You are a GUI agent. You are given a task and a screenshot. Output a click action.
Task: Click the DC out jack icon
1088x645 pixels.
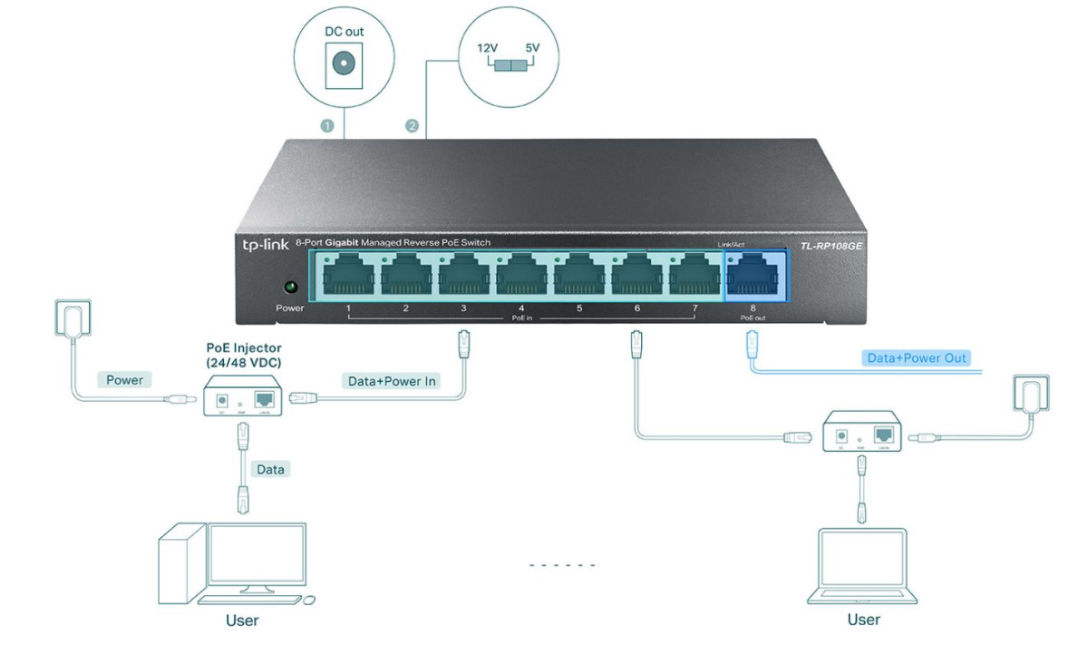(x=344, y=64)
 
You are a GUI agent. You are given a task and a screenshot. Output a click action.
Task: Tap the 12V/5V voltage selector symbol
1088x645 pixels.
(x=508, y=65)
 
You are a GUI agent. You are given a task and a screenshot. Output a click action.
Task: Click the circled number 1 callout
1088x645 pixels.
(x=327, y=126)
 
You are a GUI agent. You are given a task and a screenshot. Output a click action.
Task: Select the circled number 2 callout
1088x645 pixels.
(x=412, y=126)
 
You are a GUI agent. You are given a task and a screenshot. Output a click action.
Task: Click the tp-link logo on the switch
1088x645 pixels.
(x=262, y=243)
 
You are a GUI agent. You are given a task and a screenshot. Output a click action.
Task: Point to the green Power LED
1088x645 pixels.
(x=290, y=288)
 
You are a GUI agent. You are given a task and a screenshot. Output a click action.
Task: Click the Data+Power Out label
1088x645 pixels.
(x=917, y=358)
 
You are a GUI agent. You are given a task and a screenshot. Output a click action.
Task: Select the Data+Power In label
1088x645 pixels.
(x=392, y=381)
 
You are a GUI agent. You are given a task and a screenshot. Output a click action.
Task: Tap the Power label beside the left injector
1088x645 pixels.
(x=124, y=380)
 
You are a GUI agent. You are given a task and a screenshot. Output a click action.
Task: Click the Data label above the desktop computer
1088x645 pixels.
(x=270, y=469)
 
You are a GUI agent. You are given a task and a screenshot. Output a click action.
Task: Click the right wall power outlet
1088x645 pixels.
(x=1030, y=396)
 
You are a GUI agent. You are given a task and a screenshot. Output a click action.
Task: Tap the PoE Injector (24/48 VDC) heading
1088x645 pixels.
(x=244, y=356)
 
